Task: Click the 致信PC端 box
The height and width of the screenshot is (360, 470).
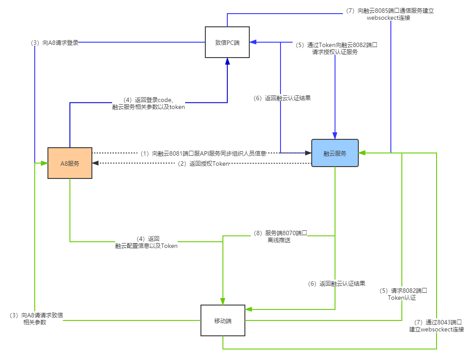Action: click(x=227, y=42)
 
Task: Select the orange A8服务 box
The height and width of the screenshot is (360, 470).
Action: click(x=70, y=163)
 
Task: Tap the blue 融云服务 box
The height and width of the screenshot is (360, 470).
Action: click(x=335, y=153)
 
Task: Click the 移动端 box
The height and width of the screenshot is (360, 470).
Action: click(x=222, y=321)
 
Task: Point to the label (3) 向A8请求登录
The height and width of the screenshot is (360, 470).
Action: click(x=53, y=43)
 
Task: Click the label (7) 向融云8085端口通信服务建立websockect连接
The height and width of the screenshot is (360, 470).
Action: click(x=389, y=14)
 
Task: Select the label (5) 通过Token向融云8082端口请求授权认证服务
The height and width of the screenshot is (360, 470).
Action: click(x=335, y=48)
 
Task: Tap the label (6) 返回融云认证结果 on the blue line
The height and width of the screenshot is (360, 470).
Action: click(x=281, y=98)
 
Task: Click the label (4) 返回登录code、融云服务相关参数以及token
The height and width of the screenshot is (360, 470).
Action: click(x=149, y=103)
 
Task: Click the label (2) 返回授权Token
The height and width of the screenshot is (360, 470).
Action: click(x=202, y=164)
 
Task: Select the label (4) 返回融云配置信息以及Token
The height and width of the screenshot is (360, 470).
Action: click(x=146, y=242)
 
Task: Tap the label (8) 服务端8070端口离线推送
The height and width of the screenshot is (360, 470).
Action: click(x=279, y=236)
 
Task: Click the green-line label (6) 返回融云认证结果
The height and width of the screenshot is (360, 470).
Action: click(x=335, y=284)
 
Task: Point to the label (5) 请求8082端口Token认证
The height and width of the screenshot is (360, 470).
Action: click(x=402, y=294)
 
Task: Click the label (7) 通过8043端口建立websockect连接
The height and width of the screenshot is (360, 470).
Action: click(x=437, y=325)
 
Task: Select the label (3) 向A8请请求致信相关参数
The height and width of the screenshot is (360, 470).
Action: click(x=35, y=318)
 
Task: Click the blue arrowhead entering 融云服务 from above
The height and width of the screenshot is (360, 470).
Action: click(x=335, y=135)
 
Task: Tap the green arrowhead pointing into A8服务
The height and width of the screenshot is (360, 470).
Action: click(x=44, y=163)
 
